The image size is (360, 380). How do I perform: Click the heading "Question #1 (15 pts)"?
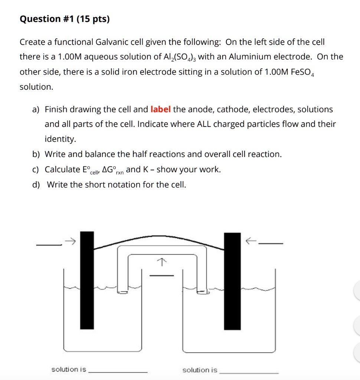point(65,19)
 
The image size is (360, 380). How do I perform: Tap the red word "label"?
point(161,109)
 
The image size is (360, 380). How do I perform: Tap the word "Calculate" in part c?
point(62,170)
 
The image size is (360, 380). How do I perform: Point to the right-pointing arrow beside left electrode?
point(70,242)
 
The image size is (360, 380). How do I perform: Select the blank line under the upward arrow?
point(161,276)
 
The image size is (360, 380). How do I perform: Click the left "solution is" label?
point(69,369)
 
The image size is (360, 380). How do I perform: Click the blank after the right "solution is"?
point(249,373)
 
